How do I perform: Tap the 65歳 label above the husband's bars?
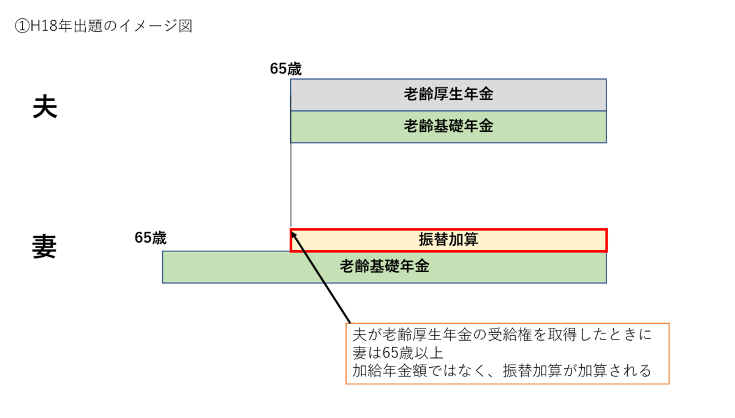click(x=285, y=69)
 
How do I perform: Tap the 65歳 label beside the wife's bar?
click(x=151, y=238)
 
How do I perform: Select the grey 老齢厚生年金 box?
click(x=448, y=94)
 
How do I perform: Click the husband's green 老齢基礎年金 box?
click(x=448, y=127)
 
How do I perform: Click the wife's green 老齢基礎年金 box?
click(x=384, y=267)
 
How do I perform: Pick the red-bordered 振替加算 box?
click(x=448, y=240)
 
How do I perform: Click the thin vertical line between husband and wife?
click(x=291, y=184)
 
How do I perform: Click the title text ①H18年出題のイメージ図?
click(x=103, y=26)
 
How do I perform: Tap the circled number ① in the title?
click(x=21, y=26)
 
